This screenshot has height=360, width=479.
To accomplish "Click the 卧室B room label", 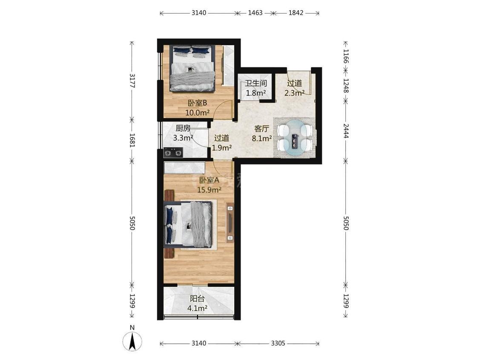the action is pos(197,103).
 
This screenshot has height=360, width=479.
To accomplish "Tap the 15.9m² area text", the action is pos(209,190).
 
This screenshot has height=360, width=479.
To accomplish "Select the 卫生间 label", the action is pos(256,83).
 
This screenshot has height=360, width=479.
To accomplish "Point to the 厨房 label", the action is pos(183,128).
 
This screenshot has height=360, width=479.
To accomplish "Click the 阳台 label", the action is pos(197,299).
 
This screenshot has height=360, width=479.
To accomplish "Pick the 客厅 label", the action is pos(262,129).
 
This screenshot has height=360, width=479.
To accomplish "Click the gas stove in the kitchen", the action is pos(173,152).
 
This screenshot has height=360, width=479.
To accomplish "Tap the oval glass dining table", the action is pos(295,138).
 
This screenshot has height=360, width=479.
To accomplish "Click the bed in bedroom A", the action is pos(188,224).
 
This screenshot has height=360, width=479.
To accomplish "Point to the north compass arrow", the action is pos(132,341).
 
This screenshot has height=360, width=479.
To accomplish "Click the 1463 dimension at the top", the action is pos(255,13).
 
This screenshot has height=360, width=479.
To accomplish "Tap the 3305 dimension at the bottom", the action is pos(278,343).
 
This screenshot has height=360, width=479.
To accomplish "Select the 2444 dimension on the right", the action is pos(346,130).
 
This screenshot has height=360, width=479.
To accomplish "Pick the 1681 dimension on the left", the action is pos(132,140).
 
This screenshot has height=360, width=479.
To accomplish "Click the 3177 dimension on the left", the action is pos(132,80).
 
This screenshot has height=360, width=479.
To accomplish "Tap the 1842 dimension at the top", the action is pos(296,13).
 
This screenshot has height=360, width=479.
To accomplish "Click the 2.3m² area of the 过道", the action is pos(294,93).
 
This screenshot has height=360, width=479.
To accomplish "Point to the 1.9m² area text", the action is pos(222,148).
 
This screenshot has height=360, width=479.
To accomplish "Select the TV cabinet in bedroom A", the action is pos(230,222).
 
